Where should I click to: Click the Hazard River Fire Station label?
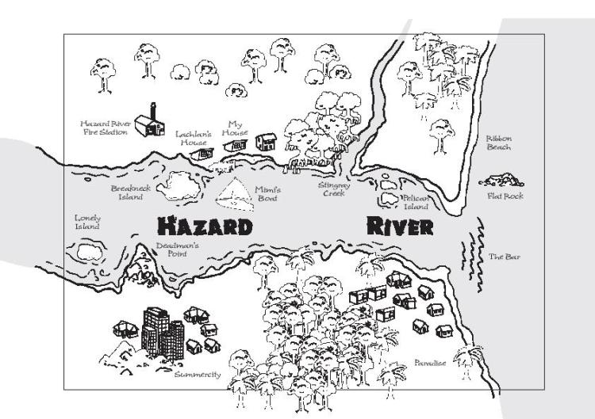pos(106,128)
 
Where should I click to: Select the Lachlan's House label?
pos(192,138)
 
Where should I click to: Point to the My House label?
pos(235,128)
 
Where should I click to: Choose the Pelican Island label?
pos(415,202)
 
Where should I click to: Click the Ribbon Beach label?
pos(498,143)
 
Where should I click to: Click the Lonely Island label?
pos(87,222)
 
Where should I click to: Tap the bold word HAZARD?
pos(205,227)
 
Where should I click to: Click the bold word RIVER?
pos(401,226)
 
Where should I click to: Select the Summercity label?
pos(198,373)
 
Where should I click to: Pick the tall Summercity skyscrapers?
pos(161,331)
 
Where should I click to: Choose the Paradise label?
pos(430,363)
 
